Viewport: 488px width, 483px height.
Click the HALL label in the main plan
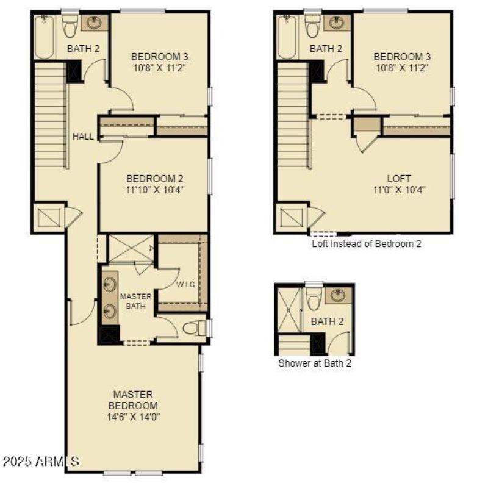pos(83,137)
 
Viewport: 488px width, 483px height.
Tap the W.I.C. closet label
pos(186,284)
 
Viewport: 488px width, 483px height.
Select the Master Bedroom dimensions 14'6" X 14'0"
pos(133,417)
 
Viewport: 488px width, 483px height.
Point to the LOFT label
pos(399,179)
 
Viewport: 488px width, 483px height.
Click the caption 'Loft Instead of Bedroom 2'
pos(367,244)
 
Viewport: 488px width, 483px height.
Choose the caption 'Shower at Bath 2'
pos(315,363)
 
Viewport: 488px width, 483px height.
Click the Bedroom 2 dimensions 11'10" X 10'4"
pos(154,190)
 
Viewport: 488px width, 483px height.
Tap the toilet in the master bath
pos(194,329)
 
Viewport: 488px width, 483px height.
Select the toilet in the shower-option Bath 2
pos(314,299)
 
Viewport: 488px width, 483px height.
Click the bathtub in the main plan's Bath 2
pos(44,37)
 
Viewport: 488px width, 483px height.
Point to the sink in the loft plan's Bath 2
pos(337,23)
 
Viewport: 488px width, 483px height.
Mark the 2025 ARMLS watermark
pos(41,461)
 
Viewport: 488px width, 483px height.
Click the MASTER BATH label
pos(135,301)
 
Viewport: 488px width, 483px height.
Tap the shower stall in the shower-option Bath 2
pos(289,310)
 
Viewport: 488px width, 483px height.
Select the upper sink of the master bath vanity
pos(110,284)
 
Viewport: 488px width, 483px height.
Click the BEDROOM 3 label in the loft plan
pos(402,57)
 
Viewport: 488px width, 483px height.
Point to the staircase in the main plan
pos(51,115)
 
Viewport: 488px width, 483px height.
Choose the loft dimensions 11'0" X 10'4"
pos(399,190)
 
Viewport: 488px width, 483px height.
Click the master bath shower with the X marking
pos(131,248)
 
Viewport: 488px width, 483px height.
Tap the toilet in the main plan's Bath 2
pos(70,26)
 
